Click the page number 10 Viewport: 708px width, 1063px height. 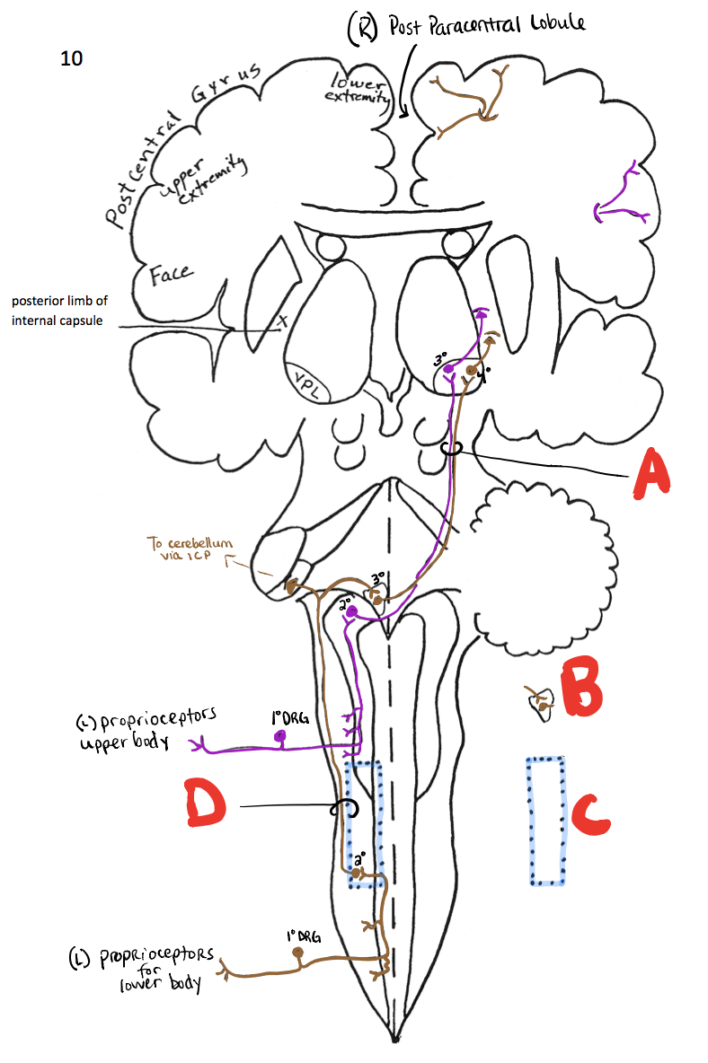click(x=71, y=59)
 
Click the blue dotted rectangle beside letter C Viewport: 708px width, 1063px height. click(x=545, y=820)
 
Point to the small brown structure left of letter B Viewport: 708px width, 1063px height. click(x=539, y=702)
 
